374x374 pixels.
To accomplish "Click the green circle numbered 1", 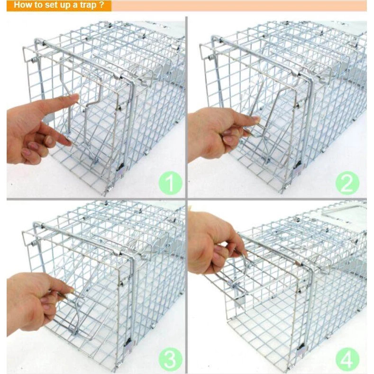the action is click(x=170, y=183).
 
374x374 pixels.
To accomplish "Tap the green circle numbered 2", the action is click(x=347, y=183).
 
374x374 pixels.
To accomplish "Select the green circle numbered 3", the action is click(x=170, y=359).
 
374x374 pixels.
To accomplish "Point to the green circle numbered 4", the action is click(x=347, y=359).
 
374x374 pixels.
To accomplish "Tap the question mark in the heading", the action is click(x=102, y=5).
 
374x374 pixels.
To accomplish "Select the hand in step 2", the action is click(x=219, y=134).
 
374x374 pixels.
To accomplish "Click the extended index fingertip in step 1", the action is click(x=75, y=97).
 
